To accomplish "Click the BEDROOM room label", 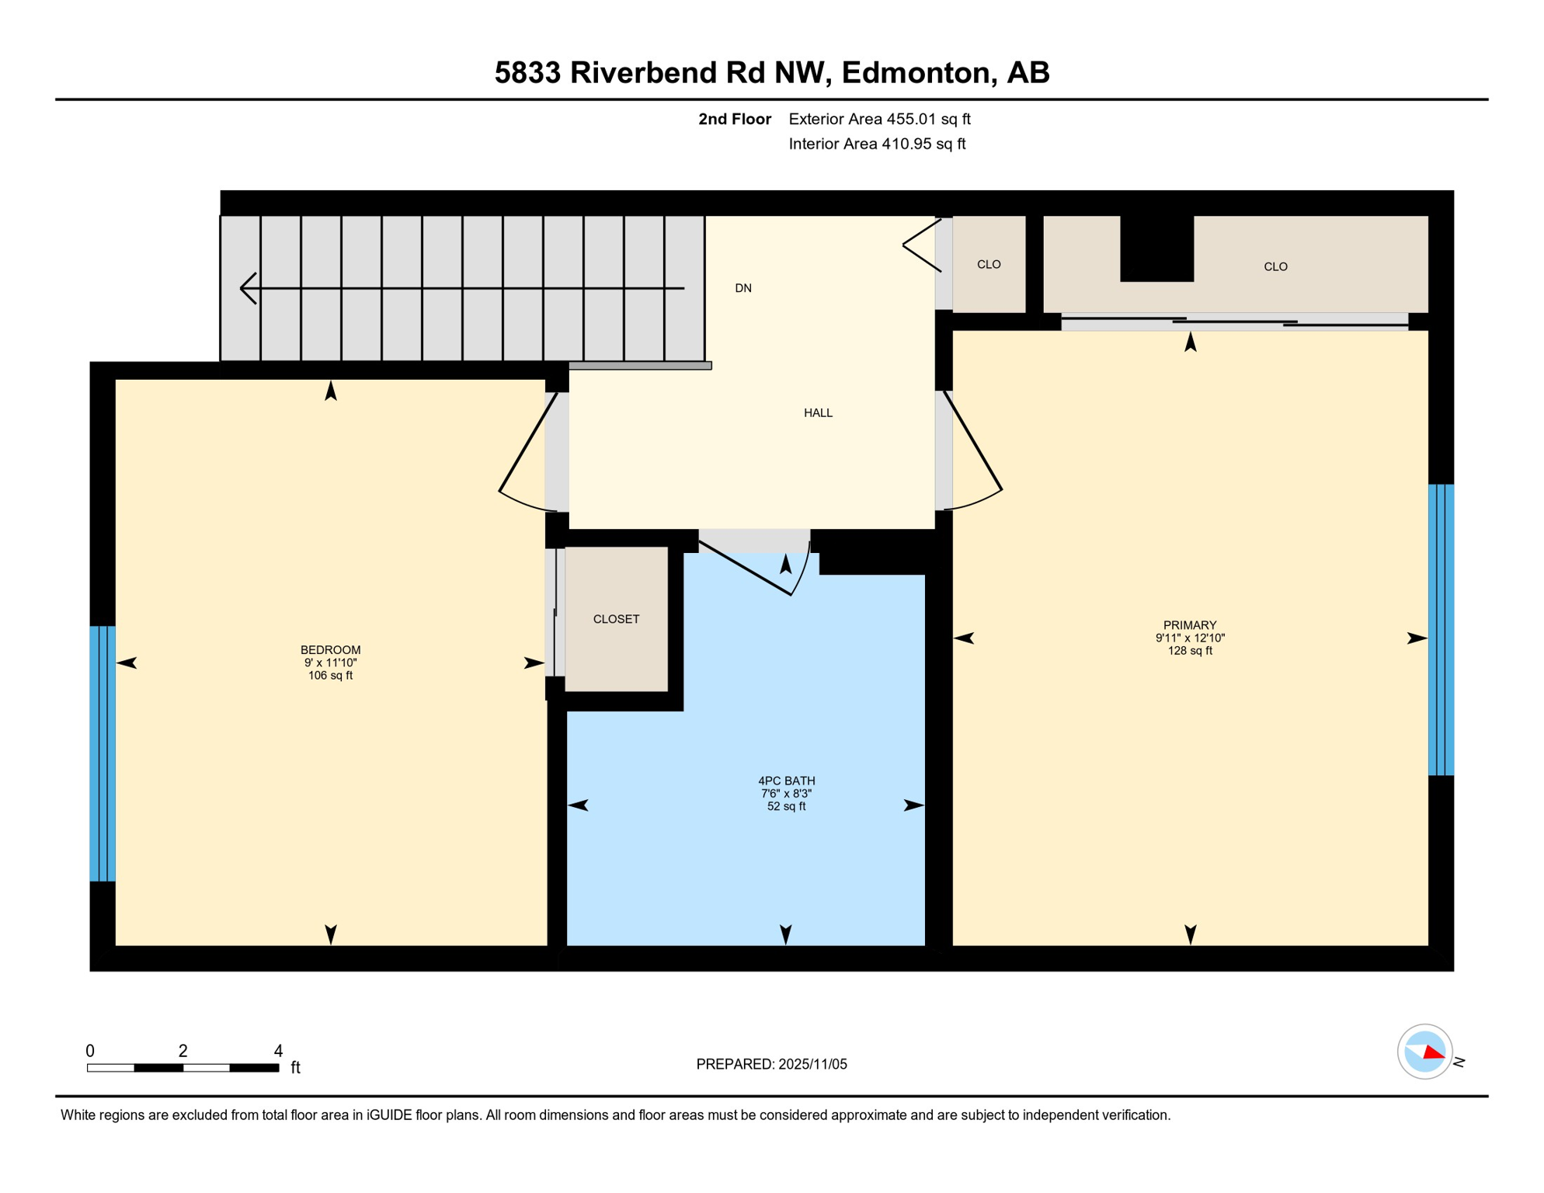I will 330,650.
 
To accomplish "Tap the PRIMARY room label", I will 1189,625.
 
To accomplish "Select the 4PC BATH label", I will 786,781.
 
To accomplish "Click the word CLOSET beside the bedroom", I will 616,619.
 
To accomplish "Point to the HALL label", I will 818,413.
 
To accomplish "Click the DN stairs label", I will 743,288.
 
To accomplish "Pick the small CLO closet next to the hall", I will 989,265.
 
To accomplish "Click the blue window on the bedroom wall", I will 103,753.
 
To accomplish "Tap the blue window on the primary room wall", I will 1441,630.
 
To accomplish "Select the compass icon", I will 1425,1052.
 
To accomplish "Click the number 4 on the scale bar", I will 278,1052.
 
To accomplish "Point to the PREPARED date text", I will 771,1065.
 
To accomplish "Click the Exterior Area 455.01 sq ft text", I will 879,120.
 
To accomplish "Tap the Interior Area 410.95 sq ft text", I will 877,144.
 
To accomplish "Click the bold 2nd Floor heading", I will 734,120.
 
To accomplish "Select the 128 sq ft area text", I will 1189,651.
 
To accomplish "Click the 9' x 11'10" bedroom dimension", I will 330,663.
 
